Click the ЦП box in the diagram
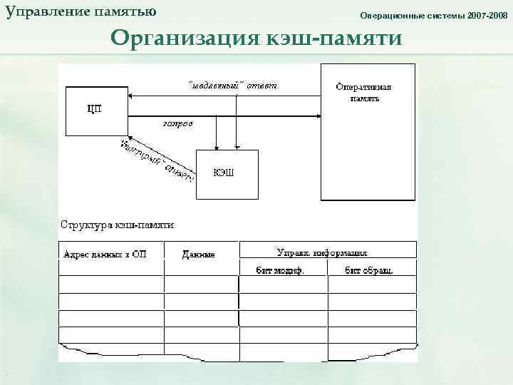[94, 109]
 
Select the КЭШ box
[226, 173]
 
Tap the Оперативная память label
[364, 93]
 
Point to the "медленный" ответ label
[232, 86]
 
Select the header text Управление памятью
[81, 12]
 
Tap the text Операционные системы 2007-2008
[434, 15]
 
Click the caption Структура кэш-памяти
[117, 224]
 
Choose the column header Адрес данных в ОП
[105, 254]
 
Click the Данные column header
[199, 254]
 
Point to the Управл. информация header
[322, 252]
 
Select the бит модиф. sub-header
[281, 270]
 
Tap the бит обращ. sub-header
[370, 270]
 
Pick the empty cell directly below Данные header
[201, 284]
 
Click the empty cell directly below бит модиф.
[283, 284]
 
